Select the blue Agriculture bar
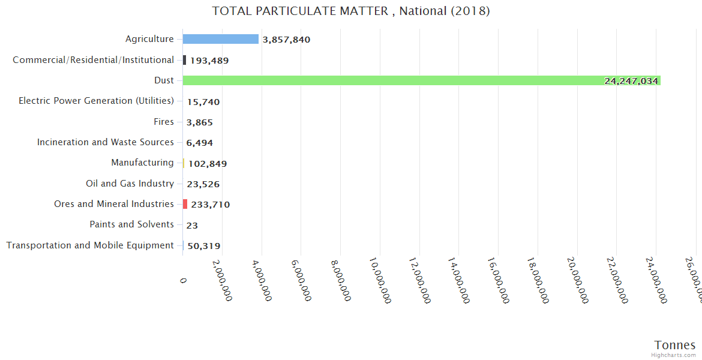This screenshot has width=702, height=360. [x=220, y=39]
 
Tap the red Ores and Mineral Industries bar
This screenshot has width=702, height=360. [x=185, y=204]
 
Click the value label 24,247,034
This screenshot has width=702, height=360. [x=631, y=81]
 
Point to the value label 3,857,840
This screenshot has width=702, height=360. [x=286, y=40]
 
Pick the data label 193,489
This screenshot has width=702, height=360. [x=209, y=61]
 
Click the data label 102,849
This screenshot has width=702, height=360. [x=208, y=164]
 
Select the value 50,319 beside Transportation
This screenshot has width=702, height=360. [x=203, y=246]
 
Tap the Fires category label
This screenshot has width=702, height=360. [x=164, y=122]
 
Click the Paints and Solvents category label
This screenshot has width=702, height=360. [x=131, y=224]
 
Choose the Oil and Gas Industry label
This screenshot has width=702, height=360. [x=130, y=184]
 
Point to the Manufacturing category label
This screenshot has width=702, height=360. [x=142, y=163]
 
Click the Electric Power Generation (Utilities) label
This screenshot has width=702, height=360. [x=96, y=101]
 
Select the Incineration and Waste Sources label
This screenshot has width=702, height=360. [x=105, y=142]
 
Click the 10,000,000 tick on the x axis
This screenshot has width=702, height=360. [x=380, y=280]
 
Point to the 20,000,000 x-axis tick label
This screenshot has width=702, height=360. [x=578, y=280]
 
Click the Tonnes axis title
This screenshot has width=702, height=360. [x=675, y=345]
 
